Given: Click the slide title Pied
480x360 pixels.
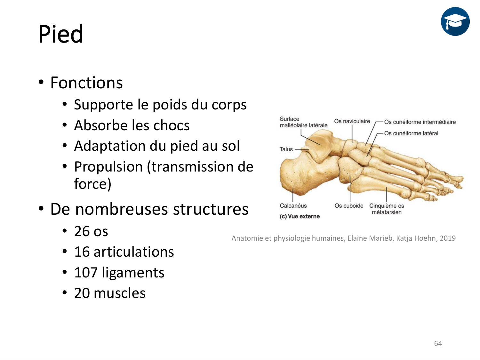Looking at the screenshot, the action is pyautogui.click(x=61, y=34).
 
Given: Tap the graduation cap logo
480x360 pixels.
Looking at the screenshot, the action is pyautogui.click(x=455, y=21).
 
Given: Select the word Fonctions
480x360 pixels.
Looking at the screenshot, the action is pyautogui.click(x=87, y=83).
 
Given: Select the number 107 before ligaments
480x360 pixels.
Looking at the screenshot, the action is pyautogui.click(x=86, y=273).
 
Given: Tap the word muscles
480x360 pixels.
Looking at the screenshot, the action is pyautogui.click(x=119, y=293).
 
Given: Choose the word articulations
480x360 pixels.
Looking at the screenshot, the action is pyautogui.click(x=134, y=252).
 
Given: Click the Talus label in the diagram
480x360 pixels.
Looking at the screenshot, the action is pyautogui.click(x=286, y=149).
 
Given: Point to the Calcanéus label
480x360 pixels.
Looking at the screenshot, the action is pyautogui.click(x=293, y=206).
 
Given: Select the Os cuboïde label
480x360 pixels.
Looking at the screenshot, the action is pyautogui.click(x=349, y=206).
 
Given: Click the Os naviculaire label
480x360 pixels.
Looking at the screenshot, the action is pyautogui.click(x=352, y=121).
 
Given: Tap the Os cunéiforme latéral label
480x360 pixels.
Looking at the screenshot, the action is pyautogui.click(x=411, y=133).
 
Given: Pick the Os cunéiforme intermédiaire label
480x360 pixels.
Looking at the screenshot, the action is pyautogui.click(x=420, y=122).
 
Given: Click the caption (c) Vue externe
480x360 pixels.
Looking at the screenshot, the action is pyautogui.click(x=300, y=216).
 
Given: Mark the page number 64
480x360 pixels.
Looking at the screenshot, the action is pyautogui.click(x=438, y=344).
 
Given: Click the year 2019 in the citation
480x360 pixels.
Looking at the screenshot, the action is pyautogui.click(x=448, y=238).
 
